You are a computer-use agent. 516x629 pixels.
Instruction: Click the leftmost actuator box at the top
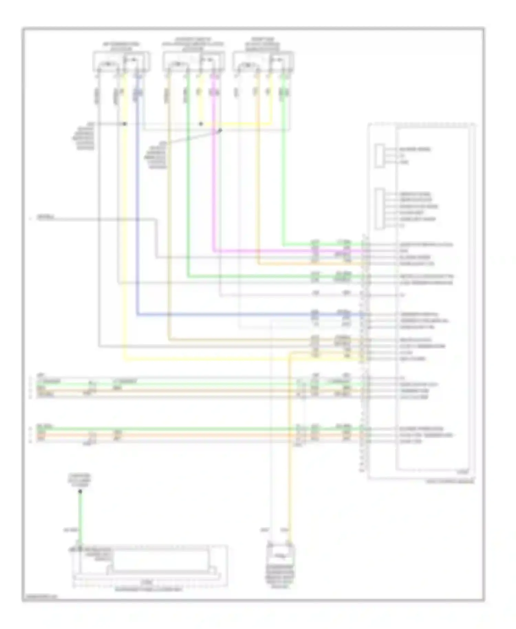click(121, 62)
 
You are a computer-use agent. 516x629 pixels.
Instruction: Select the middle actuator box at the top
click(194, 62)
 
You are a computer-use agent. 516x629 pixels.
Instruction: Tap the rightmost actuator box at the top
click(263, 62)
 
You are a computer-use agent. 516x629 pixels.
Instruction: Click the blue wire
click(137, 206)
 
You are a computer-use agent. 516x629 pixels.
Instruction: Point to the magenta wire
click(214, 172)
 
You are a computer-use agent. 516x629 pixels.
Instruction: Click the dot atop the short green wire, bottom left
click(80, 491)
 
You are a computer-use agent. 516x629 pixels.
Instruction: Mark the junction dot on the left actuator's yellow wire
click(125, 124)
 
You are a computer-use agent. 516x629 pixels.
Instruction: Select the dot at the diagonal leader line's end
click(221, 130)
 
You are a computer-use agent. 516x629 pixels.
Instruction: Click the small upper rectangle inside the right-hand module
click(379, 156)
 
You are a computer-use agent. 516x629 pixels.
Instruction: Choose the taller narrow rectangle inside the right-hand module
click(380, 209)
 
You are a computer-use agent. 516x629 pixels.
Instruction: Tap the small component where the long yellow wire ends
click(281, 554)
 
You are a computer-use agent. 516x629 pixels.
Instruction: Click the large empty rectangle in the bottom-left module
click(161, 560)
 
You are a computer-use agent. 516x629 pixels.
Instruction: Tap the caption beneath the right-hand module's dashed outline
click(450, 482)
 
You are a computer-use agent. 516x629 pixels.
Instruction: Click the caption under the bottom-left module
click(149, 589)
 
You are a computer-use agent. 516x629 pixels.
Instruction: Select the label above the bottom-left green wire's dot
click(79, 480)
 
